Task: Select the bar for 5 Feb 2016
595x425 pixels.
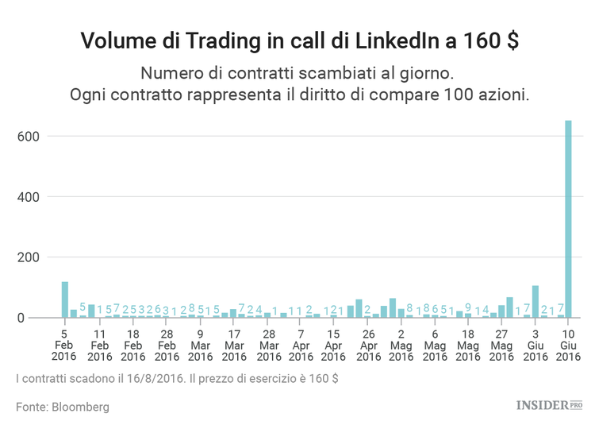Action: tap(65, 300)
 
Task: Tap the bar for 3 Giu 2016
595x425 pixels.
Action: tap(535, 302)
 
